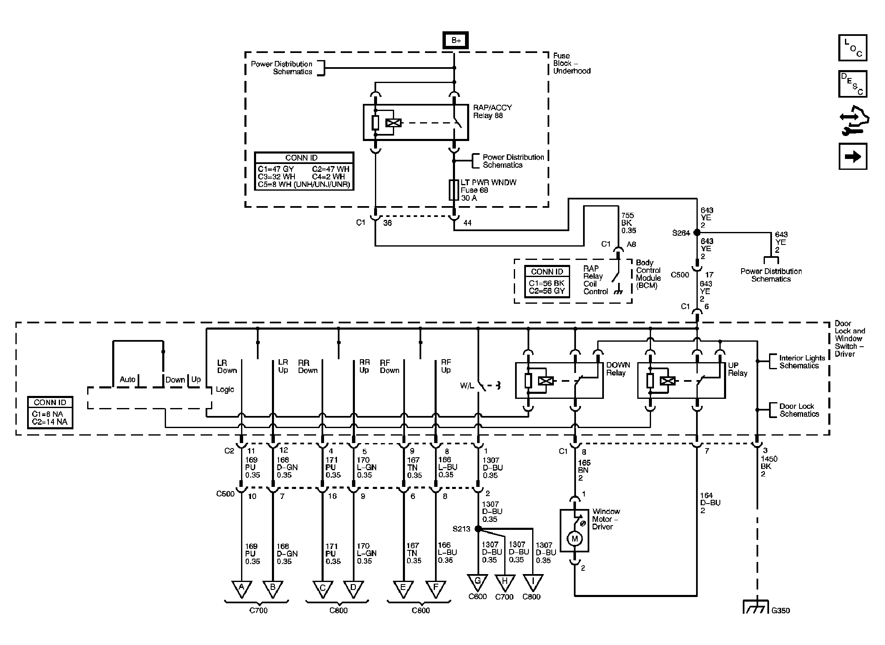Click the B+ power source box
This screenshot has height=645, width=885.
tap(455, 40)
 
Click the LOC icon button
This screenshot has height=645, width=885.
tap(852, 48)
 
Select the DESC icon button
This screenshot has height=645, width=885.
tap(852, 84)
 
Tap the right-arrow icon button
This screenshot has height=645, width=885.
tap(852, 156)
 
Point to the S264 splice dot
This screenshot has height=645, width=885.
tap(696, 233)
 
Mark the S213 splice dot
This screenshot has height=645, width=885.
tap(478, 529)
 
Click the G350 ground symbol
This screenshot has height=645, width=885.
tap(756, 607)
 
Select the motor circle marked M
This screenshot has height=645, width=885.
tap(575, 538)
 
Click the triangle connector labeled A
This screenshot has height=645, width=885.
tap(241, 588)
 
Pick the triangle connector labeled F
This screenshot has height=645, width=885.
tap(436, 588)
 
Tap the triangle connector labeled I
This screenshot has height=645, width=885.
tap(532, 582)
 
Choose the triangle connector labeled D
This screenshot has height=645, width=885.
tap(354, 588)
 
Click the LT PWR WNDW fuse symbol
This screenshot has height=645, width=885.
tap(454, 190)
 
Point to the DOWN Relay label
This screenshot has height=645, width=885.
tap(618, 369)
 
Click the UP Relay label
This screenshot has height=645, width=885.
tap(737, 369)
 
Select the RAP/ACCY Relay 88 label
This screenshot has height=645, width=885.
tap(492, 111)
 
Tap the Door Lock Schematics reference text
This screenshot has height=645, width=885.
tap(799, 410)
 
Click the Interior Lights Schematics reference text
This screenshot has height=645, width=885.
tap(802, 362)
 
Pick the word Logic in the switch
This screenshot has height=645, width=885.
tap(225, 390)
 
